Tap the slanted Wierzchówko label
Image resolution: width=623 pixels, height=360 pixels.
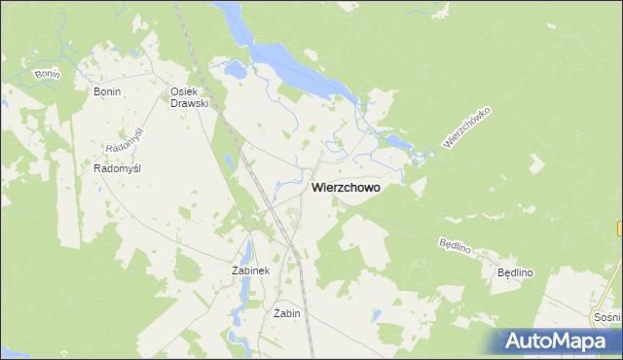pos(465,127)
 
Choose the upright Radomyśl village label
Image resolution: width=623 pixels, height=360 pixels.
pos(118,168)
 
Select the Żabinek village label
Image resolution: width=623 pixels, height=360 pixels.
pos(250,270)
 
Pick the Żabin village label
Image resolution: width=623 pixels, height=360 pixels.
pos(286,313)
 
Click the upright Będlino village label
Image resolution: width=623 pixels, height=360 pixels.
pos(516,273)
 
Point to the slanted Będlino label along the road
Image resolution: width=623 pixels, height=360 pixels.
pos(456,243)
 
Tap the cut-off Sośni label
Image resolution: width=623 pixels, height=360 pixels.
pos(606,317)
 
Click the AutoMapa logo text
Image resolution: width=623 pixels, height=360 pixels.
pos(564,342)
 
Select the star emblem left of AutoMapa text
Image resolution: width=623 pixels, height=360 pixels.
pos(516,340)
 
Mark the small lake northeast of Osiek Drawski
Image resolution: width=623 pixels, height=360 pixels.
pos(235,70)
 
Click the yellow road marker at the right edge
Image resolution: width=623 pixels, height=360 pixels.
pos(619,228)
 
